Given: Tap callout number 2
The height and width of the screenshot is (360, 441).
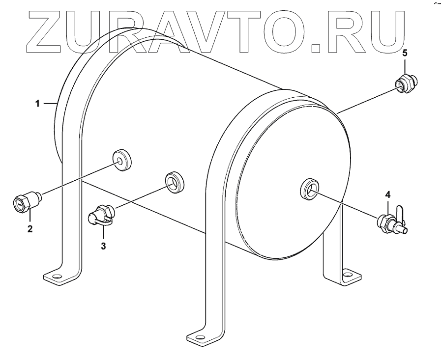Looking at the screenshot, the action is pos(29,228).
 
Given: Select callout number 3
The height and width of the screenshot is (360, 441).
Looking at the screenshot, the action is pos(103,246).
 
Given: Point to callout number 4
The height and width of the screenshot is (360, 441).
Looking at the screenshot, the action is pos(387,195).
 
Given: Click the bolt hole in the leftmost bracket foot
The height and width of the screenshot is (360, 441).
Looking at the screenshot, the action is pos(55,277).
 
